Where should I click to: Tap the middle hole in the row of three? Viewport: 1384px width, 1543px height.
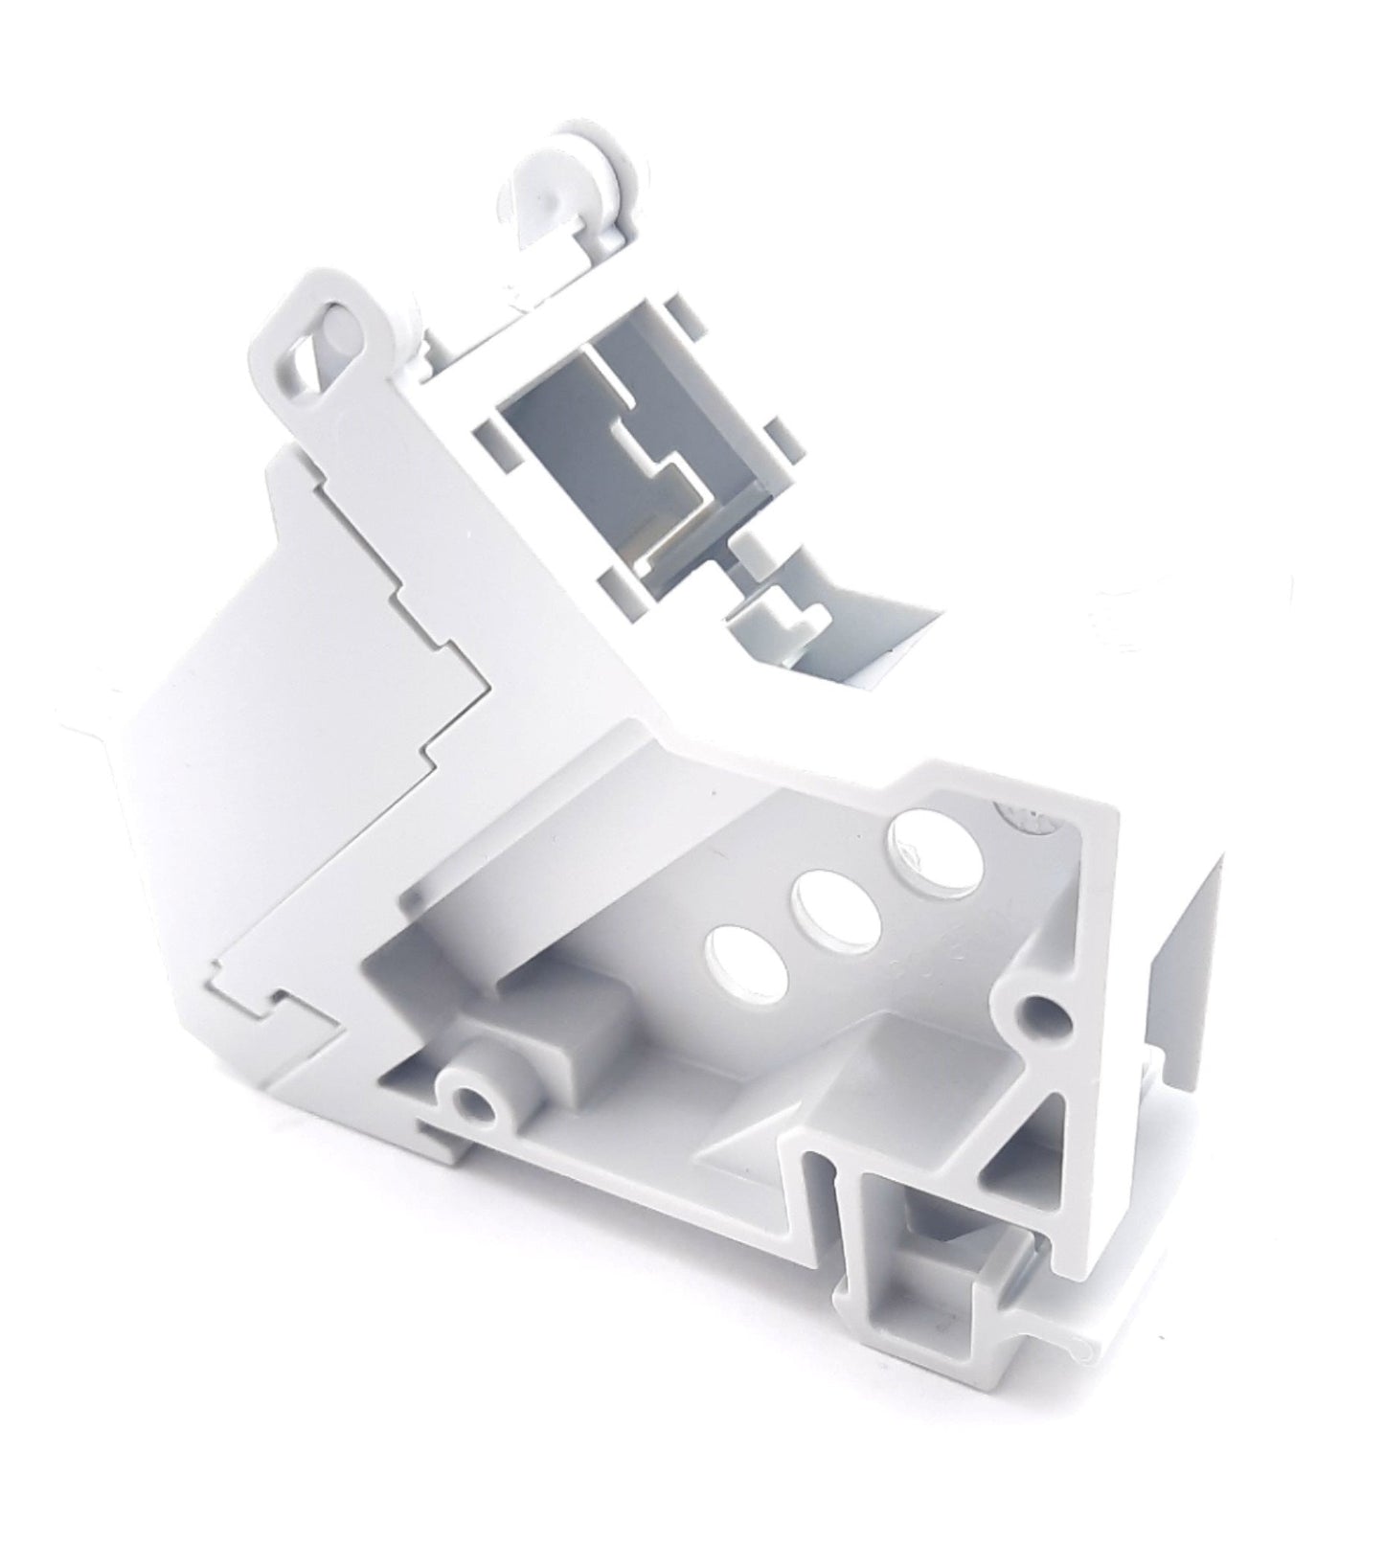tap(837, 902)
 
